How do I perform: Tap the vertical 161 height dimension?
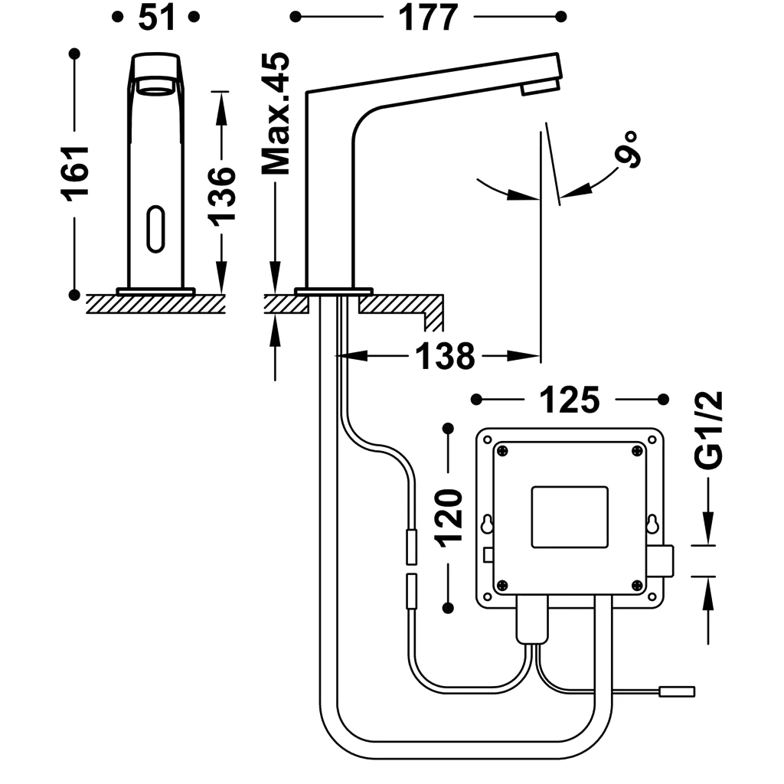pyautogui.click(x=76, y=171)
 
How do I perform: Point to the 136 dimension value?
pyautogui.click(x=222, y=194)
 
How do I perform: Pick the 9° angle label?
pyautogui.click(x=627, y=149)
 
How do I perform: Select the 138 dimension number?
pyautogui.click(x=445, y=356)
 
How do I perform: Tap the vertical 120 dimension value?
pyautogui.click(x=449, y=516)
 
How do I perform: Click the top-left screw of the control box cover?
pyautogui.click(x=502, y=451)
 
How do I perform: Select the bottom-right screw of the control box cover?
pyautogui.click(x=637, y=586)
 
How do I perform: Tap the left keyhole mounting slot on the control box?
pyautogui.click(x=487, y=525)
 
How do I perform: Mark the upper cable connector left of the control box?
pyautogui.click(x=411, y=547)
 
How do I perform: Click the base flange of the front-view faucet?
pyautogui.click(x=156, y=291)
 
